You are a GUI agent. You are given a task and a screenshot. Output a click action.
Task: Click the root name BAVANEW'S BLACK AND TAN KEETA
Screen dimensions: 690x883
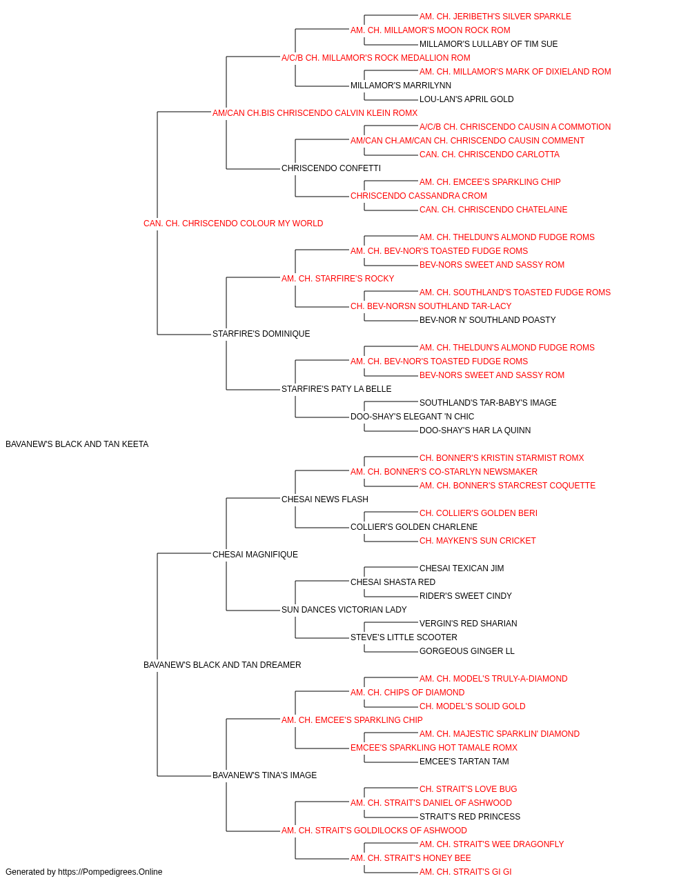tap(77, 444)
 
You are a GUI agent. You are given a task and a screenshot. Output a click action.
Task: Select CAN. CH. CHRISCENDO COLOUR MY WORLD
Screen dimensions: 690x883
tap(233, 224)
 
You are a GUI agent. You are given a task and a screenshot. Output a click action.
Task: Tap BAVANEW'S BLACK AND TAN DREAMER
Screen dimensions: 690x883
tap(222, 665)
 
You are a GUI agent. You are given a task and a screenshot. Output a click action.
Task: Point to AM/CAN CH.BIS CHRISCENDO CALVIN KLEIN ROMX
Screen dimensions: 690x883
tap(315, 113)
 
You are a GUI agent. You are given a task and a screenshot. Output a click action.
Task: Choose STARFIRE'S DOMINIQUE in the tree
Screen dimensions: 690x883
tap(262, 334)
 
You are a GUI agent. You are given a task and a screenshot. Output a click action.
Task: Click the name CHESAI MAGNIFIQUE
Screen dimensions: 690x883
tap(255, 554)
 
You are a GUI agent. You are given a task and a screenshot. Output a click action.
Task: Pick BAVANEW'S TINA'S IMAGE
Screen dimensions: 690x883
tap(264, 775)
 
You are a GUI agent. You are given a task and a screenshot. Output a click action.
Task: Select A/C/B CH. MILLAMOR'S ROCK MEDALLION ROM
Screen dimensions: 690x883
tap(376, 58)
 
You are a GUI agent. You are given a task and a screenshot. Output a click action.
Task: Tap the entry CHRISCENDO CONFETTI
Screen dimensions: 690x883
tap(331, 168)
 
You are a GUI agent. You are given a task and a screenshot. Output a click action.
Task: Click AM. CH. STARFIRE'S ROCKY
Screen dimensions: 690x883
tap(337, 278)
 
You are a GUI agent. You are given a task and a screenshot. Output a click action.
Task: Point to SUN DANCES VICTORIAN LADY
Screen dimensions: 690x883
tap(344, 610)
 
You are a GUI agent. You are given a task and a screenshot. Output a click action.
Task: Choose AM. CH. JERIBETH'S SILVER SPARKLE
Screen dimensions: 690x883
tap(495, 17)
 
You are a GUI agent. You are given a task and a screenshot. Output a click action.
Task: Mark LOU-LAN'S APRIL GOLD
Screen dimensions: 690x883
tap(466, 99)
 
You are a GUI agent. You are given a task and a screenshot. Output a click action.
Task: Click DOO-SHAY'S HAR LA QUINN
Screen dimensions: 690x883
tap(475, 430)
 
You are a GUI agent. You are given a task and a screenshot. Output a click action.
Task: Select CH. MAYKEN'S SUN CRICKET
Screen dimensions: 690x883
tap(478, 540)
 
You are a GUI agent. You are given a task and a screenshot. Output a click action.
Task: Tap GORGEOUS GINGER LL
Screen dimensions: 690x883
tap(467, 651)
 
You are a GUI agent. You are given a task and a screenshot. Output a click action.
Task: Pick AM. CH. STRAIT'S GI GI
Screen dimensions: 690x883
tap(466, 872)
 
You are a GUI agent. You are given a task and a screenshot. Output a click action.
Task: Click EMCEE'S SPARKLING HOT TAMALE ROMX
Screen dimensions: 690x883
tap(434, 748)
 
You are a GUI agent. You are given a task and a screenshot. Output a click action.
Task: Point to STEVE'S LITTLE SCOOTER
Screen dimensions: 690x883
tap(404, 637)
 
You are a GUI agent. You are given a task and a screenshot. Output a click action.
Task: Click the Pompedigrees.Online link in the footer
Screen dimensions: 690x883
tap(110, 872)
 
